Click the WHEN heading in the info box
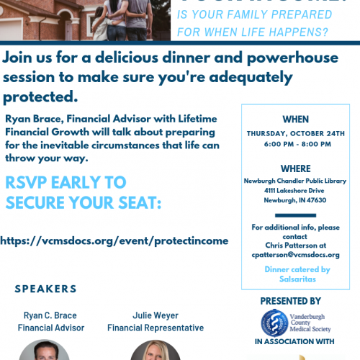tap(296, 120)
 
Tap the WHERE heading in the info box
tap(296, 168)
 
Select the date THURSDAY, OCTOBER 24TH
tap(296, 133)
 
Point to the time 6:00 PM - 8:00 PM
tap(296, 143)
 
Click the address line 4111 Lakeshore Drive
tap(296, 192)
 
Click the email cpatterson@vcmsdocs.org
tap(296, 255)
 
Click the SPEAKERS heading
tap(45, 289)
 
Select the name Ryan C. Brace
tap(51, 315)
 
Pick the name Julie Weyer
tap(155, 315)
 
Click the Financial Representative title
tap(155, 328)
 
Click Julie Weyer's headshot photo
tap(155, 351)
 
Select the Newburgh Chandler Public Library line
tap(296, 181)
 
